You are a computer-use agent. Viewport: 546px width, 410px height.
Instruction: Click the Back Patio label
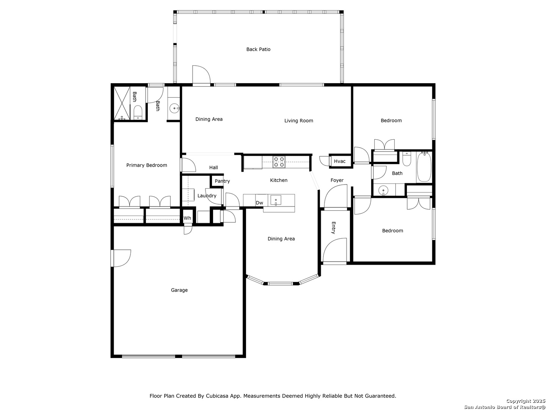[258, 49]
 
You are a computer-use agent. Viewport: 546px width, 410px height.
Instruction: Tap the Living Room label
[298, 121]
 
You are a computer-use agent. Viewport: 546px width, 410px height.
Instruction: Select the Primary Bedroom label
[146, 165]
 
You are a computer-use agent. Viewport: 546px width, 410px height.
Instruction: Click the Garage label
[179, 290]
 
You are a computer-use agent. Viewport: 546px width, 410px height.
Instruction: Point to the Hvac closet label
[339, 161]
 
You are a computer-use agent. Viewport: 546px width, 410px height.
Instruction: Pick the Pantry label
[222, 181]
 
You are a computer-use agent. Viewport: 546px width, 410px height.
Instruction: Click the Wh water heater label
[187, 218]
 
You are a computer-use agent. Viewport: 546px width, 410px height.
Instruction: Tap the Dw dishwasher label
[259, 203]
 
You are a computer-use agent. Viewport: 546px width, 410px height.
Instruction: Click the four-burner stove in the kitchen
[279, 162]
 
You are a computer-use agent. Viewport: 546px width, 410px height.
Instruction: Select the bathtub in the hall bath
[424, 167]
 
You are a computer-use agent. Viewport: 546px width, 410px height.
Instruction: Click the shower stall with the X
[122, 103]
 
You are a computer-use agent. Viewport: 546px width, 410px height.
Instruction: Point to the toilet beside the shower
[138, 112]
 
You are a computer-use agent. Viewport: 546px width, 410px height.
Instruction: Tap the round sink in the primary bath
[174, 109]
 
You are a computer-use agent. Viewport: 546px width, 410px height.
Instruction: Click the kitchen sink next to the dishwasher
[276, 200]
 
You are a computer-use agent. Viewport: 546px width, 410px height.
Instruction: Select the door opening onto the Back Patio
[201, 75]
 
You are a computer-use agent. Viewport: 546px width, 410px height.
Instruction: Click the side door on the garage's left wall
[121, 258]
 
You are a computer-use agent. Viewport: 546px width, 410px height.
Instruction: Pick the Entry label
[334, 228]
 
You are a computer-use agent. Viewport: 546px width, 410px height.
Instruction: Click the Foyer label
[337, 180]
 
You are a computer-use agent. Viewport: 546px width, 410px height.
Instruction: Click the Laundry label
[207, 196]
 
